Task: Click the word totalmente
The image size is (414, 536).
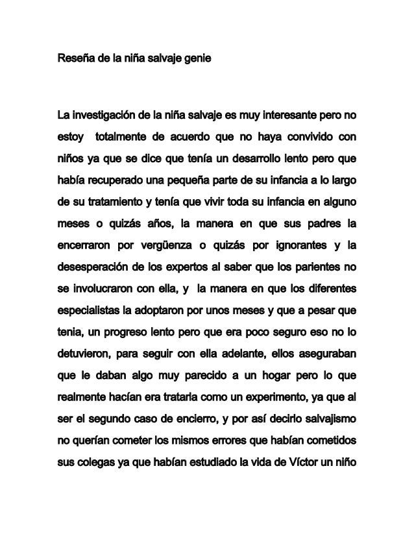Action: coord(123,138)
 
